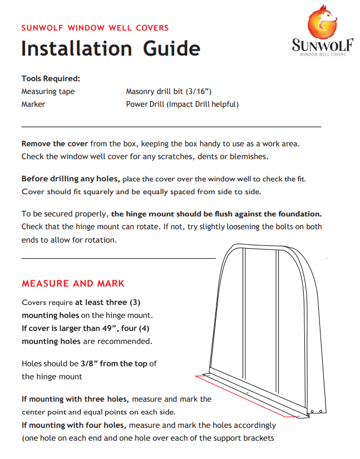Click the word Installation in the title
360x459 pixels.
[76, 48]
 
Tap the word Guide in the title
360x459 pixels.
[171, 48]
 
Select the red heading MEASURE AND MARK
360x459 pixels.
[73, 283]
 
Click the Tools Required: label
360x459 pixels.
[51, 78]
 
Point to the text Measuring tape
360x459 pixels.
[48, 91]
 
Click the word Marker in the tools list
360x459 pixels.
[33, 104]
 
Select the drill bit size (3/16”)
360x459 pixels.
[199, 91]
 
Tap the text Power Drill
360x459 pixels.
[145, 104]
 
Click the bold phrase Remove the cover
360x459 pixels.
[55, 144]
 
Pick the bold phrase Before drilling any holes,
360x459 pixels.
[71, 179]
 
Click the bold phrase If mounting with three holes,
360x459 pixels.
[75, 399]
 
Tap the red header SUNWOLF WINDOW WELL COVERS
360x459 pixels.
[95, 27]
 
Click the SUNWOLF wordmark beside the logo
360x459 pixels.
[322, 45]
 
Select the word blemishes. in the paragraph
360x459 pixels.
[249, 156]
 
